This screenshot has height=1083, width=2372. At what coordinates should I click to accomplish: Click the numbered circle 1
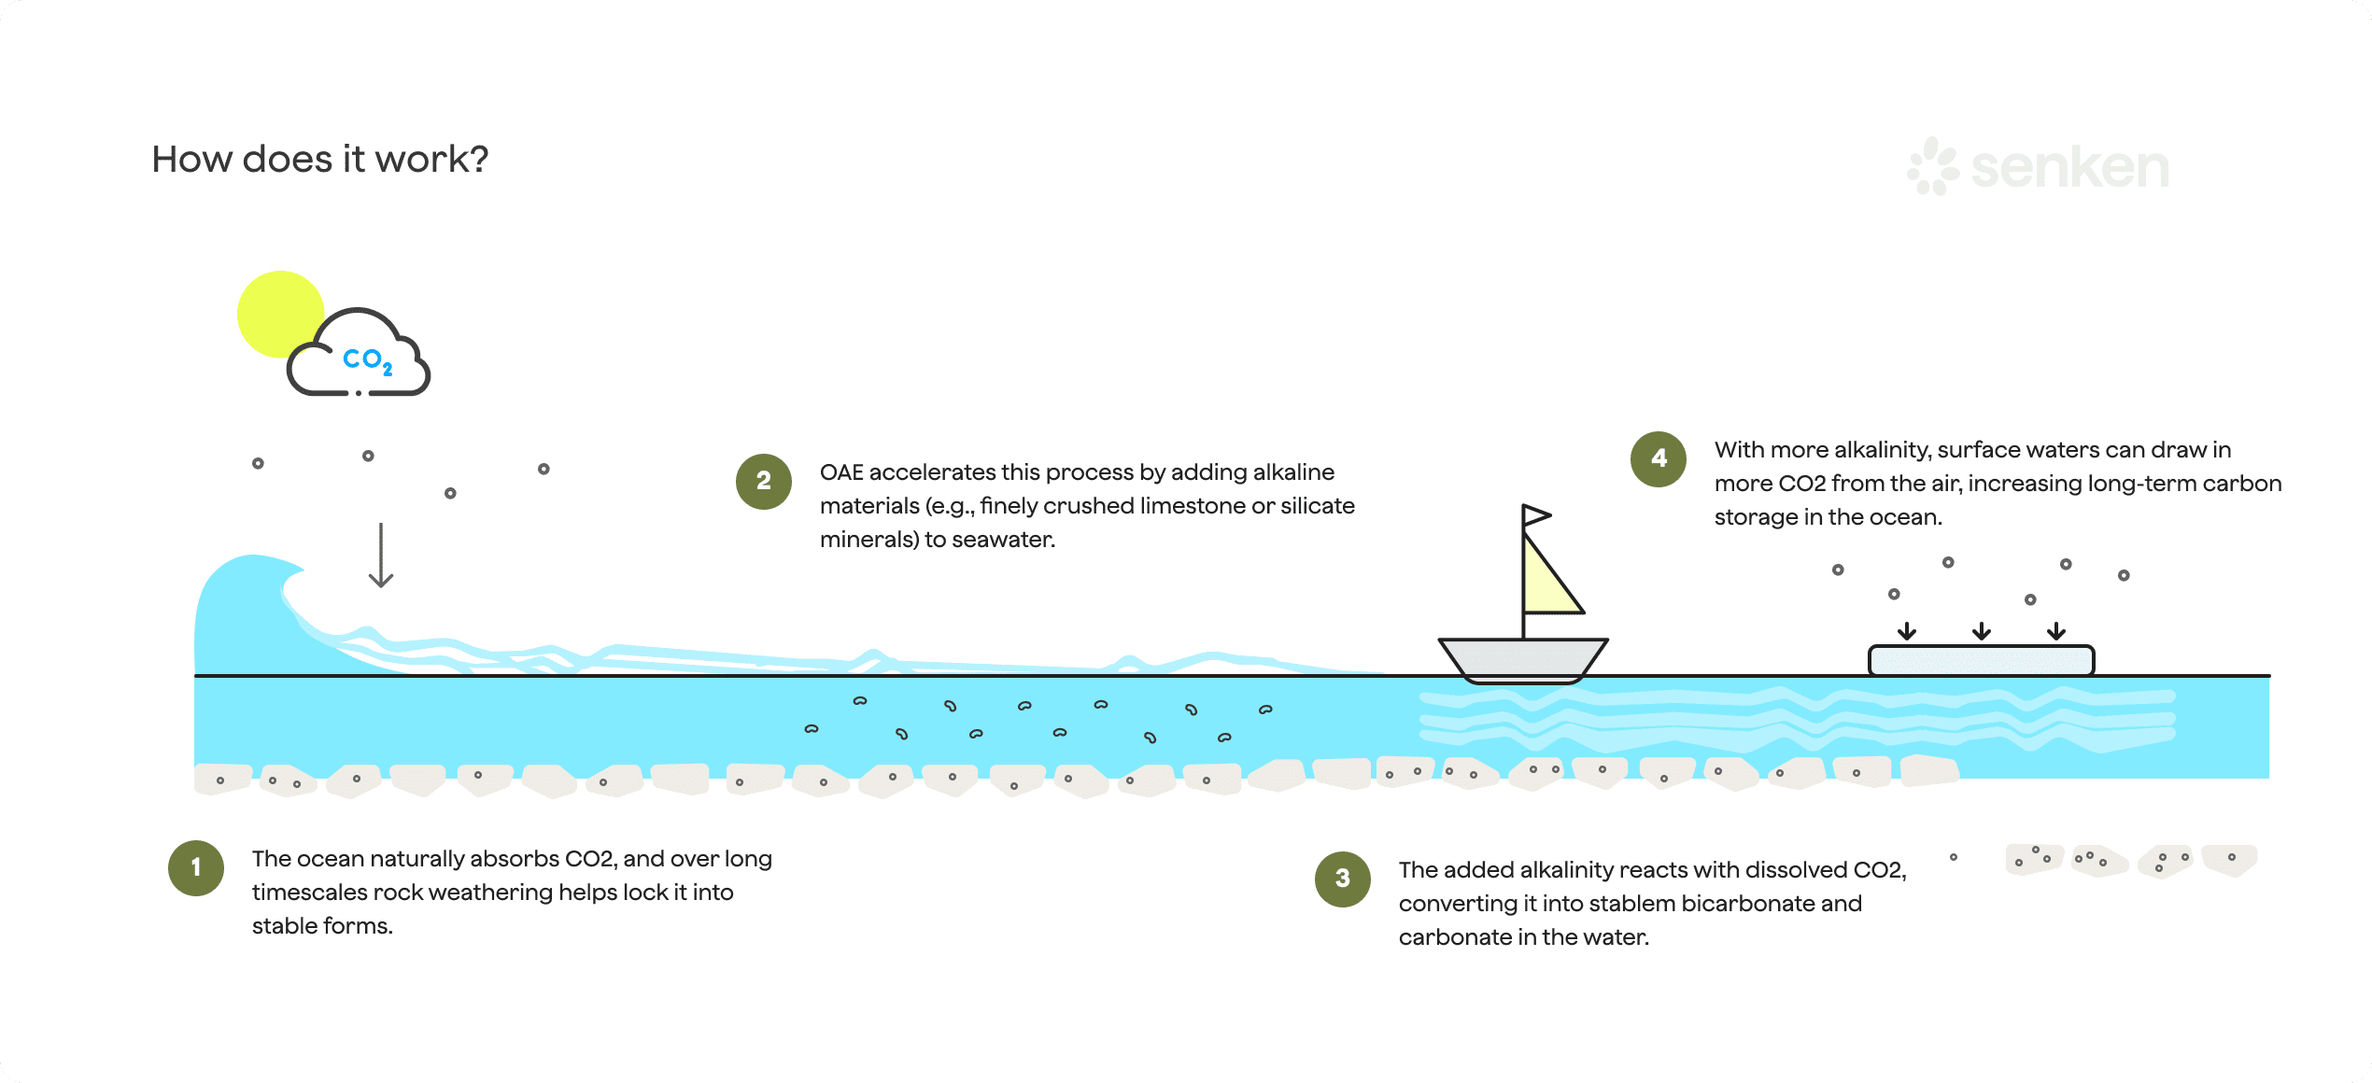tap(196, 867)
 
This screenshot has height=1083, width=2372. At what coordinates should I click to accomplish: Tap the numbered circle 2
tap(764, 481)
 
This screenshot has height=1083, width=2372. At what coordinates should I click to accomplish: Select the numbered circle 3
tap(1342, 879)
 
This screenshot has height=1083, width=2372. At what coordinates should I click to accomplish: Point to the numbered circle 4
tap(1659, 458)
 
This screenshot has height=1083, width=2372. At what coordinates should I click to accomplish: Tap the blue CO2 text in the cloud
tap(367, 359)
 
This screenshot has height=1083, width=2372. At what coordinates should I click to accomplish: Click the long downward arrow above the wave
tap(381, 556)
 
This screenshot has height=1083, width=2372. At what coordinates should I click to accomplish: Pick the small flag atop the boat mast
tap(1535, 515)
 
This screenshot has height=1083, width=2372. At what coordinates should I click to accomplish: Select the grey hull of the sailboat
tap(1522, 659)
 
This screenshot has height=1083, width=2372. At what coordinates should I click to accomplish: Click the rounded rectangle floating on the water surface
tap(1981, 660)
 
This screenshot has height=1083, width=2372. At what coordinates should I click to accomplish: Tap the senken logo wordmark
tap(2068, 168)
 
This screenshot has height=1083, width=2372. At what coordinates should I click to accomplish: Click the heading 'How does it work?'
tap(320, 160)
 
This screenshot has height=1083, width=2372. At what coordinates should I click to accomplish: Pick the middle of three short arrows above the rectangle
tap(1981, 632)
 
